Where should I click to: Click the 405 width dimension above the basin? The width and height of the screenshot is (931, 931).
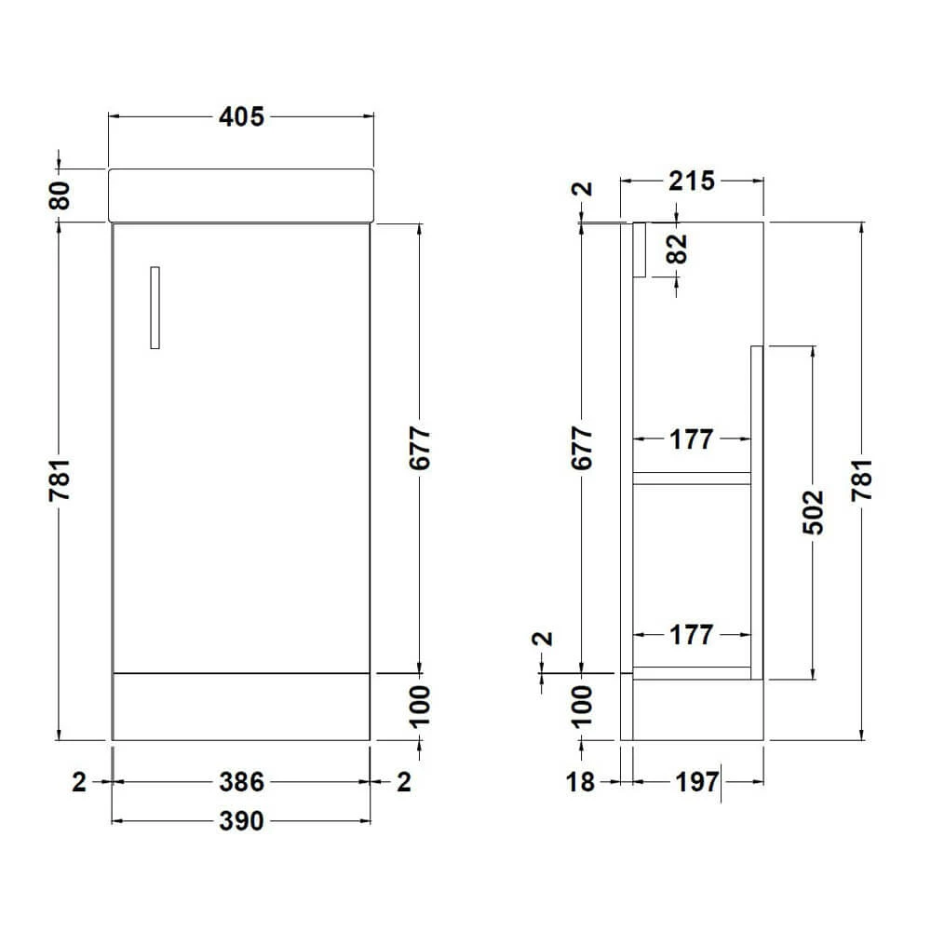point(241,116)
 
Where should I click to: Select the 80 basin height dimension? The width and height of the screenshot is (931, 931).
point(61,196)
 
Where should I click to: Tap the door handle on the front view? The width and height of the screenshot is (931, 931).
point(155,308)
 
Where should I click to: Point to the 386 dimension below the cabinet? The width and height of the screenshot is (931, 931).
point(241,783)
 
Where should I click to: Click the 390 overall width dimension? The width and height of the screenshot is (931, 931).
point(241,821)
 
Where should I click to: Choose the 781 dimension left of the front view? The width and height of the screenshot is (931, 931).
point(61,480)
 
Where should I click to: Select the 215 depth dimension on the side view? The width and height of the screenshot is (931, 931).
point(691,181)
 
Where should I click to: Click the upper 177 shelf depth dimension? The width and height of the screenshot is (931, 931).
point(691,439)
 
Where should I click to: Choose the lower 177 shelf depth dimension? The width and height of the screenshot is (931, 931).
point(691,635)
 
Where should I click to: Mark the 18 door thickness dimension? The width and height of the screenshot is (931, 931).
point(580,783)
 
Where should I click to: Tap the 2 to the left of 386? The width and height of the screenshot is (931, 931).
point(78,783)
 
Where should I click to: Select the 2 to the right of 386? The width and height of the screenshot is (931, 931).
point(403,783)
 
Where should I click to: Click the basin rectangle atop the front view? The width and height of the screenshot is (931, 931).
point(241,196)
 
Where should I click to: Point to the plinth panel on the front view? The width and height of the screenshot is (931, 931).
point(241,706)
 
